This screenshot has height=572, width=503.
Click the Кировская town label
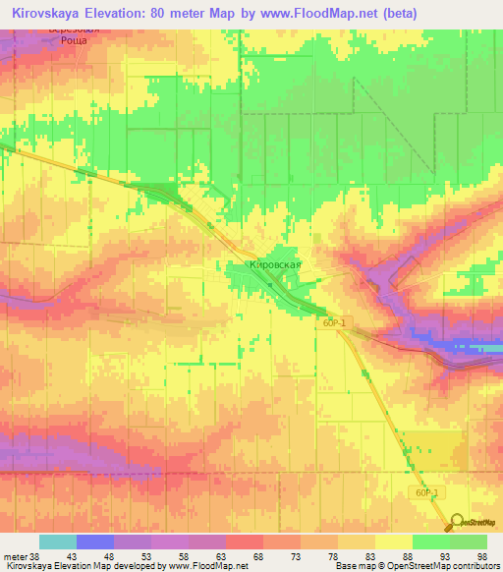(274, 265)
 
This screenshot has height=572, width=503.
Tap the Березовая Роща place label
(75, 37)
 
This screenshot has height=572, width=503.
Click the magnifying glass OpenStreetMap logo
(457, 521)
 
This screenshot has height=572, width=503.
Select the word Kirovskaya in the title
(50, 14)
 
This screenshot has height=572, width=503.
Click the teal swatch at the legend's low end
(58, 542)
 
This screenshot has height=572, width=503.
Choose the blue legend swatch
(95, 542)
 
